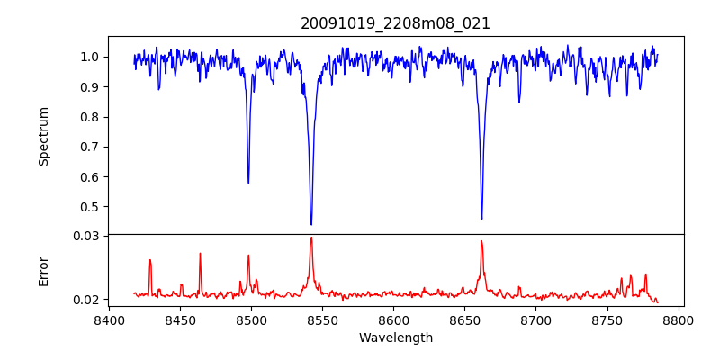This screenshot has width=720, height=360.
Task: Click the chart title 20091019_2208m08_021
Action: (x=395, y=23)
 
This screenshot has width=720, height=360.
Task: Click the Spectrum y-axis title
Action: (x=43, y=136)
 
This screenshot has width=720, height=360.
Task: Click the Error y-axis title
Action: (x=43, y=271)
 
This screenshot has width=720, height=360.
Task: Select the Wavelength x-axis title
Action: (x=395, y=338)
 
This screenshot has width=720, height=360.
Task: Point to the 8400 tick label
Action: (x=109, y=320)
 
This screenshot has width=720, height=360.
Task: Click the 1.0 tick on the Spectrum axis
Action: (x=90, y=57)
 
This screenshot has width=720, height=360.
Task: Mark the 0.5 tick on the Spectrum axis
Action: (x=90, y=207)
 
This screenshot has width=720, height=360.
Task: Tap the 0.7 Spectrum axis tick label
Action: (x=90, y=147)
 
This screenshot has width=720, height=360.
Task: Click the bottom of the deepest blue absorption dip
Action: (x=311, y=224)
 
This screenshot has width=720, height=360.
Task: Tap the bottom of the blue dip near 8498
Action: (x=248, y=183)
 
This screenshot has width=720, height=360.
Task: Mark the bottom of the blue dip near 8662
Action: (x=481, y=219)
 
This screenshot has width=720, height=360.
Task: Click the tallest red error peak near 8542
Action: (x=311, y=238)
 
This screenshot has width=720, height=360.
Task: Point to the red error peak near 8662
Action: (x=481, y=241)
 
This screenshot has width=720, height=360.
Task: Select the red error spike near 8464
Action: (x=200, y=254)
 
